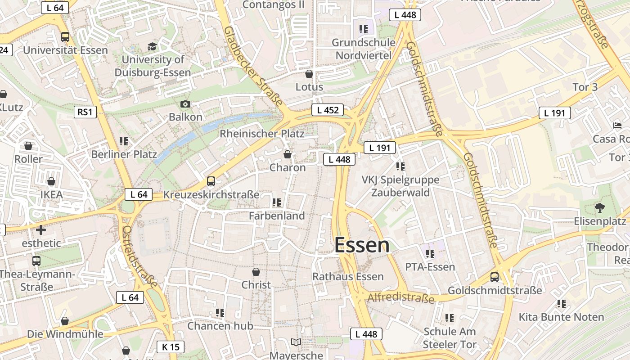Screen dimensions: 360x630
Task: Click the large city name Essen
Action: pos(362,245)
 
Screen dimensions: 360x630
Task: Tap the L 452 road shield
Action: pos(328,110)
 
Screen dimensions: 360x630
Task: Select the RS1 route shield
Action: pos(85,112)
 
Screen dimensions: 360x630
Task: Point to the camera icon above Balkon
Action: pos(185,104)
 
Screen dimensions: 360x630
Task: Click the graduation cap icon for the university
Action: pos(153,47)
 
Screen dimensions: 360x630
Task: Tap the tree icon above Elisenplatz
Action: pos(599,208)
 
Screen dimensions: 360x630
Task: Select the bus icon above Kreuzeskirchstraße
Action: pos(211,181)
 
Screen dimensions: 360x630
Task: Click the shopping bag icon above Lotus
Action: pos(309,74)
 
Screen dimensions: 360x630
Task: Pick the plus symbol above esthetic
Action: pos(41,230)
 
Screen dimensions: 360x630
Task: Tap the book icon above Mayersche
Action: pos(296,342)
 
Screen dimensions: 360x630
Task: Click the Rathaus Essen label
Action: pos(348,276)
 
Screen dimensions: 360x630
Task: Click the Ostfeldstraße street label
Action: pos(139,256)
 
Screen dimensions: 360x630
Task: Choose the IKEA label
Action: pos(51,195)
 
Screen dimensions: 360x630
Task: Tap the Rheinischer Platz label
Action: pos(262,134)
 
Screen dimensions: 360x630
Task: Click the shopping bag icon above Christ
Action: pos(256,272)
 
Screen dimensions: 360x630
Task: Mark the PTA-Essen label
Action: pos(430,267)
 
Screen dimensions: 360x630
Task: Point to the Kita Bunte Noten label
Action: pos(561,317)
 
